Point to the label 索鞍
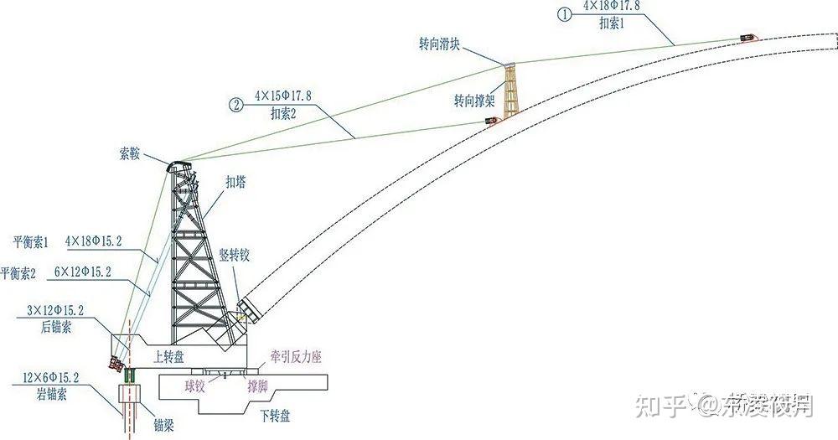[130, 155]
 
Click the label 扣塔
[235, 181]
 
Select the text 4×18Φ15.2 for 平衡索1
[91, 241]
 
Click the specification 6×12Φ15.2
[88, 272]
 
